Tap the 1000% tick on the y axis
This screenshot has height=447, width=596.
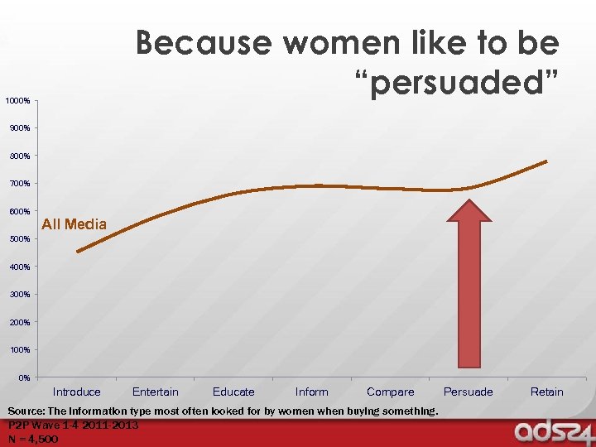point(18,101)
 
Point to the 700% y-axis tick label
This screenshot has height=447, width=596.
point(20,184)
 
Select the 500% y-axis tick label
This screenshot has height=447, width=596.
point(20,239)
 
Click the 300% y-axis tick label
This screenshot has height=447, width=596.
point(20,295)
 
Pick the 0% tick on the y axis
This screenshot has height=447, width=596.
point(24,377)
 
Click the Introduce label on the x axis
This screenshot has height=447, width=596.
point(77,392)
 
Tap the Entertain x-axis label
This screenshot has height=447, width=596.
point(156,392)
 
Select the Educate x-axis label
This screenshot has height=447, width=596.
point(233,392)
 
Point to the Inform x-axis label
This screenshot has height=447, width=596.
point(312,392)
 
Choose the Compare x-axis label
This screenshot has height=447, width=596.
point(390,392)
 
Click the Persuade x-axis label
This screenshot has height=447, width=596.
point(469,392)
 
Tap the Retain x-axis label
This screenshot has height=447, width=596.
point(546,392)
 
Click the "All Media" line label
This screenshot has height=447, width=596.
point(74,224)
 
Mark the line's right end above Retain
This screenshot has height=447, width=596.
point(546,161)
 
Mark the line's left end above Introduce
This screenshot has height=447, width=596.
point(77,252)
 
